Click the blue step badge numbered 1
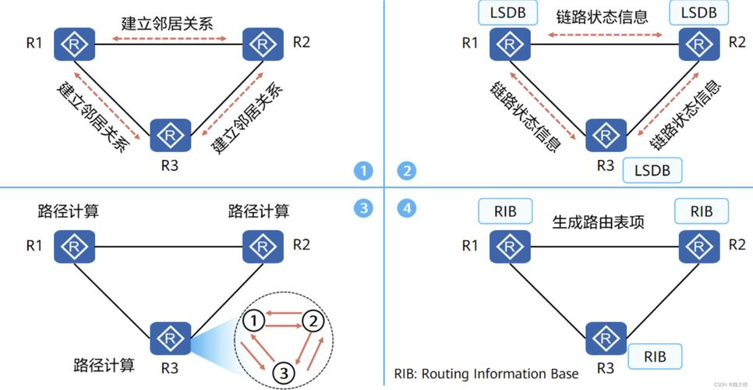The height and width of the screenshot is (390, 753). [x=363, y=172]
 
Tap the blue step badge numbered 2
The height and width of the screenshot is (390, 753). [x=407, y=172]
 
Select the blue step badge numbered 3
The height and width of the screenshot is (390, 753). [x=363, y=208]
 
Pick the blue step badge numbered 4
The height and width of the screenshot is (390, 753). [x=407, y=208]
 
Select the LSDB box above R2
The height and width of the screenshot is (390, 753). [x=698, y=12]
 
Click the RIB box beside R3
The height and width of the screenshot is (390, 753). [x=654, y=357]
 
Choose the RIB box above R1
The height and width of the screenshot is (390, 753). [x=505, y=211]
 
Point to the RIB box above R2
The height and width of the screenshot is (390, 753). [x=702, y=211]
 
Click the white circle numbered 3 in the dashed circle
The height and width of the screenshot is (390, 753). [x=285, y=372]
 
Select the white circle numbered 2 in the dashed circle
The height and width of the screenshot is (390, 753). [x=313, y=321]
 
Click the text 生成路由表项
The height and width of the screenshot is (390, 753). [x=598, y=222]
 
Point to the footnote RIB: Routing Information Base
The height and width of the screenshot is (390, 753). [x=486, y=374]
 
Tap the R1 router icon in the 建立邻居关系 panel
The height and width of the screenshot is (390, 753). [x=74, y=44]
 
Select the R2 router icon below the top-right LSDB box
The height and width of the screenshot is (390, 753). [x=698, y=44]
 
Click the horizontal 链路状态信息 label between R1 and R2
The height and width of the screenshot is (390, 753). [x=603, y=16]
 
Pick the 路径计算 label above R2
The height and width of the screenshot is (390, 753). [x=259, y=211]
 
